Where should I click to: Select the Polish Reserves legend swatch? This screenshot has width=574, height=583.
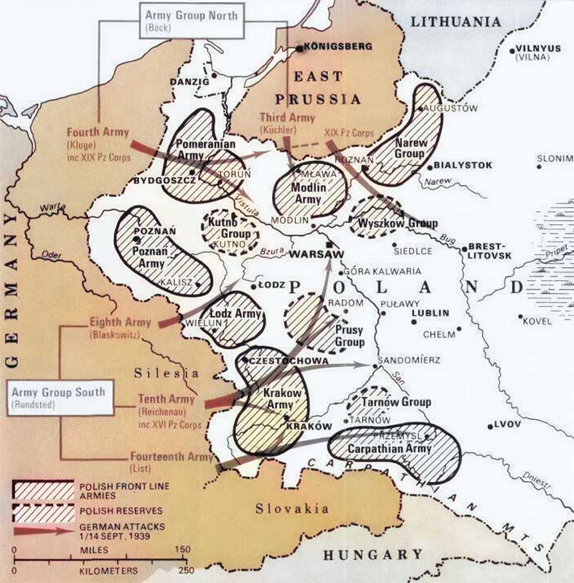[43, 512]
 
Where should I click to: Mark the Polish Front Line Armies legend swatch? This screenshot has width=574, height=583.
[43, 490]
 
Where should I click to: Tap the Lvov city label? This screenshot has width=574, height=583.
[506, 425]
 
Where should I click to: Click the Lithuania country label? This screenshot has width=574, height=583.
[455, 22]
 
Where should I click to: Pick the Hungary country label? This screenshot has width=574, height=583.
[372, 554]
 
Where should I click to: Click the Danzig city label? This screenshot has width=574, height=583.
[189, 82]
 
